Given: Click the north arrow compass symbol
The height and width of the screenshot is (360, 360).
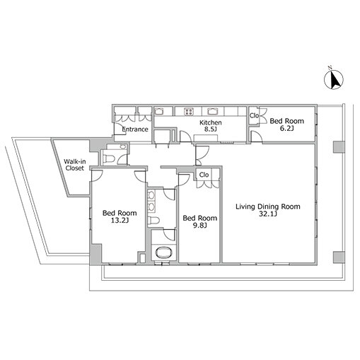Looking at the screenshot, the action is pos(334,80).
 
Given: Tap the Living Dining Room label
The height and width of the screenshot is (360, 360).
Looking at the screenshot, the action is pos(268,207).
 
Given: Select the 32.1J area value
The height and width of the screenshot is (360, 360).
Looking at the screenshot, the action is pos(268,214).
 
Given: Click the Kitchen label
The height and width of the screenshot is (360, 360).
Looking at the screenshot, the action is pos(211,122).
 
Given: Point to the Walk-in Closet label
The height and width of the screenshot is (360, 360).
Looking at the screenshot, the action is pos(75,165).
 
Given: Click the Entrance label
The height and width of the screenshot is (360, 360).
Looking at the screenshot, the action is pos(135,129).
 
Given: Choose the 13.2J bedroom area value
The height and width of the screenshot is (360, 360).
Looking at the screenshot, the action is pos(120,221).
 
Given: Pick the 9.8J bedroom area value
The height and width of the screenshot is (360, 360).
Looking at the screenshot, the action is pos(200,226).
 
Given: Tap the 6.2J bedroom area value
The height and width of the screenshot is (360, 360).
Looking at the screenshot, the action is pos(286,129).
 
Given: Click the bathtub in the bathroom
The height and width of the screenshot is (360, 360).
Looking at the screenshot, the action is pos(164,252).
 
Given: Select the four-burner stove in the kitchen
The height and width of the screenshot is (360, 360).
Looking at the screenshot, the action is pos(189,112).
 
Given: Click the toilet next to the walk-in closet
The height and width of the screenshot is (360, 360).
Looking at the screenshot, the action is pos(110,159).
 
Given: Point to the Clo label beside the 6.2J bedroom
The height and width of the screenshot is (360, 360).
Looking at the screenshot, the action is pos(254,116).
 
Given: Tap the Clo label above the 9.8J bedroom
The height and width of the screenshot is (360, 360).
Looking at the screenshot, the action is pos(204,175).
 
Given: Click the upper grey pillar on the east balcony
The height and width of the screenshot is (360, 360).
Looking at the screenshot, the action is pos(339,147).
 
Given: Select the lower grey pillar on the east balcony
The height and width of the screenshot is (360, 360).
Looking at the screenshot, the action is pos(339,257).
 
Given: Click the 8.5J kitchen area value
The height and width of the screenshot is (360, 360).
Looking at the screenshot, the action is pos(211,129).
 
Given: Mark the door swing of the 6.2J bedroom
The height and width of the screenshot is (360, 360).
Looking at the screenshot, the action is pos(257,137).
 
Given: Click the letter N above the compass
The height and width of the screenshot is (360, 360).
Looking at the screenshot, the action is pos(330,68).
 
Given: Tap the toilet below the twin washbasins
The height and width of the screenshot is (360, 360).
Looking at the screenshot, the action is pos(153,220).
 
